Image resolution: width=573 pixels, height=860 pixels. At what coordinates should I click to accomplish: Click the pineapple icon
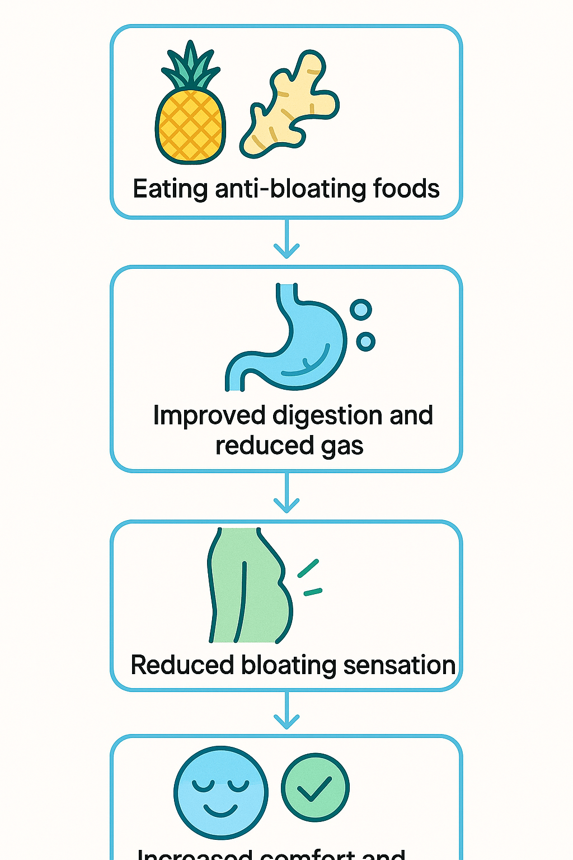point(190,123)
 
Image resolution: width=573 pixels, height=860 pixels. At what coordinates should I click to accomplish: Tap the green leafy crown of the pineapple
point(190,67)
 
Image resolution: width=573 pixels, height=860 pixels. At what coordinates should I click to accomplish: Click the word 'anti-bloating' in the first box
point(290,189)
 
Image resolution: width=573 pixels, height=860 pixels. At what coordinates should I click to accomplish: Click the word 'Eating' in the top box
point(170,189)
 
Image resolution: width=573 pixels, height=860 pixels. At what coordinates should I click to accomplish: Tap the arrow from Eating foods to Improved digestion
point(286,241)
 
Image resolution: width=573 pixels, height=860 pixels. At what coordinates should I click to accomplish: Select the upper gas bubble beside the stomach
point(360,309)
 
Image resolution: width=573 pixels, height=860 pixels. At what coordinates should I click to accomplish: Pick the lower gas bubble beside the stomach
point(365,340)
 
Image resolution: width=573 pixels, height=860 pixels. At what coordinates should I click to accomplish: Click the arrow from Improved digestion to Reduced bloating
point(286,495)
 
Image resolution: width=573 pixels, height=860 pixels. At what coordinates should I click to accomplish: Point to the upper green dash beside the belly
point(308,568)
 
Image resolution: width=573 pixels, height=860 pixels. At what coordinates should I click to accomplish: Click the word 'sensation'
point(399,665)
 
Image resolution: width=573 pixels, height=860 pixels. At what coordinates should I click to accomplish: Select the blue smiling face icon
point(221,792)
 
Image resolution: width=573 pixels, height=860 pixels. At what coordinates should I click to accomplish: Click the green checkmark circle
point(315,787)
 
